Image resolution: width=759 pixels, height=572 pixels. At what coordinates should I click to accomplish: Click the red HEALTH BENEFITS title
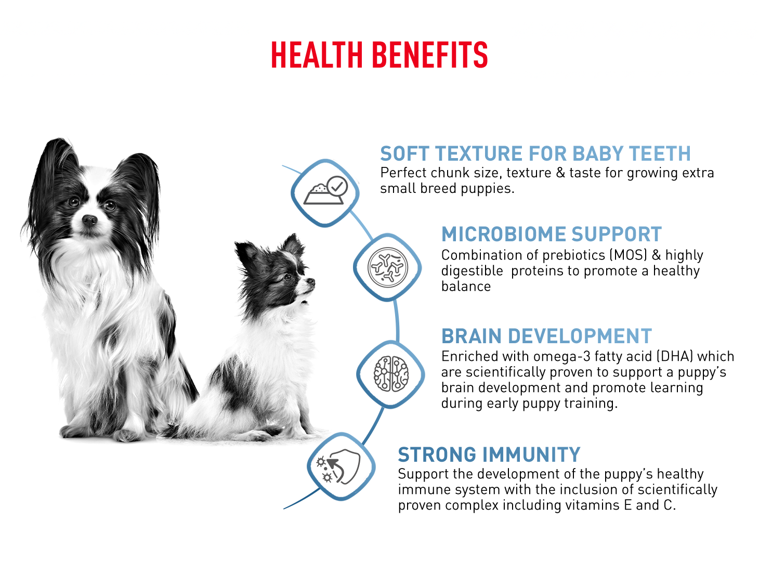[379, 55]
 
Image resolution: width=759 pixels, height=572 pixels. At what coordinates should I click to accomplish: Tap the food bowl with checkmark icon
[325, 190]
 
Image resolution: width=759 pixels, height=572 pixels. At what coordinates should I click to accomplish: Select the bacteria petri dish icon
[388, 267]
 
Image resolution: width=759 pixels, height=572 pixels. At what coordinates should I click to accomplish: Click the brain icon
[391, 374]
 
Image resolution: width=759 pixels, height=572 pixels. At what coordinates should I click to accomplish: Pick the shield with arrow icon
[338, 466]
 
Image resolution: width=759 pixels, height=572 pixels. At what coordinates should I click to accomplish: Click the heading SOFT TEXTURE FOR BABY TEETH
[535, 154]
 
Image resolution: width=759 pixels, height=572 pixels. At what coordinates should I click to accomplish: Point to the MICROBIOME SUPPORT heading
[552, 235]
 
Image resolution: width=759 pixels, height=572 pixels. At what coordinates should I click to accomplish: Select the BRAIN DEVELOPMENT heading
[547, 336]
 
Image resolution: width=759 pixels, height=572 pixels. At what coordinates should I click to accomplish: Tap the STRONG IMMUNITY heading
[489, 454]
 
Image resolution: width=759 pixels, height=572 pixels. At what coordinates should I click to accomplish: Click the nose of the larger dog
[89, 219]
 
